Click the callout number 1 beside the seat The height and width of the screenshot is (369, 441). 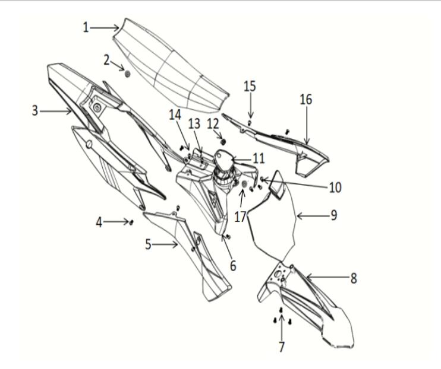(86, 27)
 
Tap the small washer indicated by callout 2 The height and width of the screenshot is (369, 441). (127, 74)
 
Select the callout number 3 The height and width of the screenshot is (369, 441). (35, 111)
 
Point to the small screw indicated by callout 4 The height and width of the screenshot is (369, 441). (131, 222)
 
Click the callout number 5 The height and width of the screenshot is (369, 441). (148, 244)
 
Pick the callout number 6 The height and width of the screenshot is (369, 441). (233, 266)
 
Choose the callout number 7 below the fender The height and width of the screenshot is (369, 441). (282, 346)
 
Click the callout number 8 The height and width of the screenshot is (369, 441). (354, 278)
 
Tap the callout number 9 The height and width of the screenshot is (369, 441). (334, 215)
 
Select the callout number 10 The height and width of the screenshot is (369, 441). (335, 187)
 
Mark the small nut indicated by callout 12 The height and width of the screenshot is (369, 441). (223, 142)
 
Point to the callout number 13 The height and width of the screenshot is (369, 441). (194, 123)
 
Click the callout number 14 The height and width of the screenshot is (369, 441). (175, 115)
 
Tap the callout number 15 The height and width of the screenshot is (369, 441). (250, 86)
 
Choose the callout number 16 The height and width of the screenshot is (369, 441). (305, 100)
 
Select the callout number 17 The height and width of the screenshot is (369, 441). (241, 217)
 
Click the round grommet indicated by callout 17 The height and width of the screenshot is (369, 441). (244, 184)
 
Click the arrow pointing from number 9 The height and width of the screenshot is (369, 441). (313, 216)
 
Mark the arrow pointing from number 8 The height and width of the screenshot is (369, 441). (327, 278)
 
